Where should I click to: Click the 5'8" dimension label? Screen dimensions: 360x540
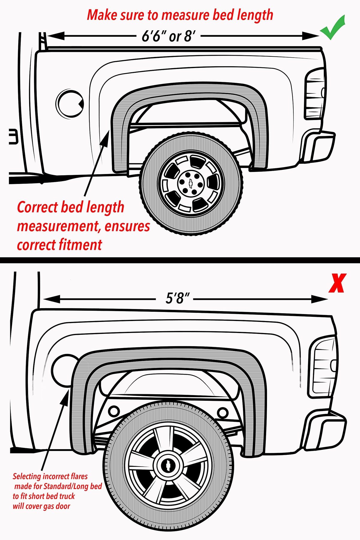pos(178,298)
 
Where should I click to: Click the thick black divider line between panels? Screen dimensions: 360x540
pos(180,260)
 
